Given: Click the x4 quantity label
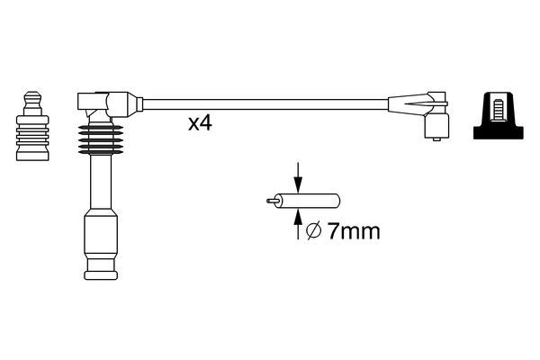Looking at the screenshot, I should coord(199,124).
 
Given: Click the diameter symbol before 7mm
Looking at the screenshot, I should coord(313,231).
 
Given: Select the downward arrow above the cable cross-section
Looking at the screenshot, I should coord(299,175).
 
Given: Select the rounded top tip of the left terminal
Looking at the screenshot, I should coord(32,93).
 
